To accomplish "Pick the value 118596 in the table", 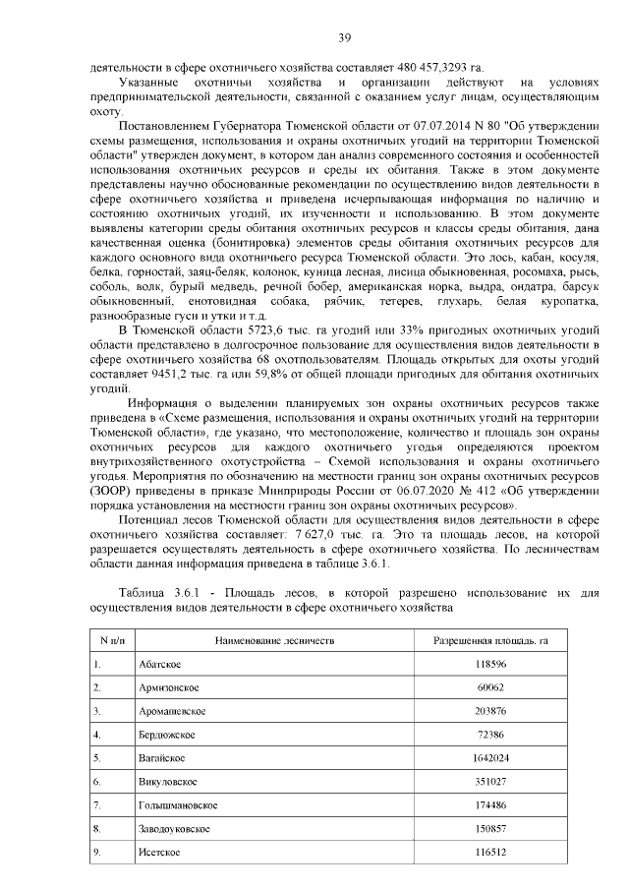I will (489, 664).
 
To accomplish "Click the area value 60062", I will (489, 687).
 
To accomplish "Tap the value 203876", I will (489, 711).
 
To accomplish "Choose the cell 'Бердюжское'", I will (165, 735).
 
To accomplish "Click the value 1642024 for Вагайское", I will (489, 758).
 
